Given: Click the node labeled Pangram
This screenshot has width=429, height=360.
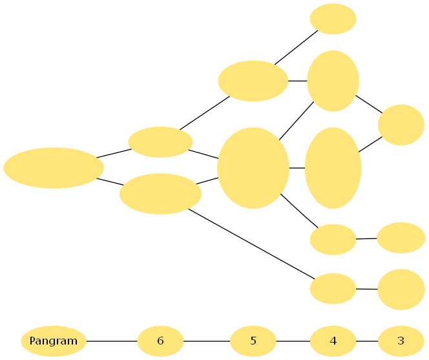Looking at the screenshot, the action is (54, 341).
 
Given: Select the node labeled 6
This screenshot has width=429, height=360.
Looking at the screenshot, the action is (160, 341).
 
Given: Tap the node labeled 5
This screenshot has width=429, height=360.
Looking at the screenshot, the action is (253, 341).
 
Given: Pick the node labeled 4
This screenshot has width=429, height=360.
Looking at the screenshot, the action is (333, 341).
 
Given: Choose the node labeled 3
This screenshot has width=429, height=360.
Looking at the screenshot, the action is (401, 341).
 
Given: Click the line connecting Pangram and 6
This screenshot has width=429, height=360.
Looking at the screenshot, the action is (112, 341).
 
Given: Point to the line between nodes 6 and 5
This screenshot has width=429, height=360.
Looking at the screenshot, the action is (207, 341).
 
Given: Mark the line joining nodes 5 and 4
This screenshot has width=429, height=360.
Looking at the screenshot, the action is (293, 341).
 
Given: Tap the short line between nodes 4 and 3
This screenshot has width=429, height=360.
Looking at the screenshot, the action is (367, 341).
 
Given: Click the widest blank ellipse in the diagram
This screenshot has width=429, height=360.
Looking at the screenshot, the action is (54, 168).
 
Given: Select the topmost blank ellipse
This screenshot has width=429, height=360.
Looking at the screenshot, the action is (333, 19).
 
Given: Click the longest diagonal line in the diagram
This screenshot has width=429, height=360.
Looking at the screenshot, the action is (252, 244).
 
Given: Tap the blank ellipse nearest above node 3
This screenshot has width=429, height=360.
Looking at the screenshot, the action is (401, 290).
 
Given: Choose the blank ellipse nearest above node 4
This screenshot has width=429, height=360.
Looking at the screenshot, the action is (333, 288).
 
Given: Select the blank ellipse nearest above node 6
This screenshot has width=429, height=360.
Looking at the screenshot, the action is (160, 193).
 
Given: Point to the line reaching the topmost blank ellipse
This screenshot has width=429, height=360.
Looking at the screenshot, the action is (297, 47).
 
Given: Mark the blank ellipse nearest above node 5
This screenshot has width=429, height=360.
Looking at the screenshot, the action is (253, 168).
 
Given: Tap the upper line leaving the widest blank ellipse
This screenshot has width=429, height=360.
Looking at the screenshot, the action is (114, 153).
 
